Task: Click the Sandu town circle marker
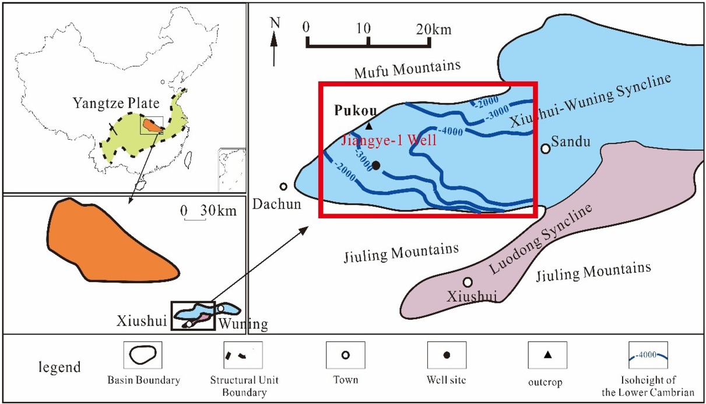point(546,149)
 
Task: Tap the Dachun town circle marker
point(283,187)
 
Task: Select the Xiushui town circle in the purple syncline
point(468,282)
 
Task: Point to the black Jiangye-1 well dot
point(376,166)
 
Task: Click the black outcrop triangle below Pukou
point(368,125)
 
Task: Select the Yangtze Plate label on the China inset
point(116,104)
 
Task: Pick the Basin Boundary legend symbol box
point(143,355)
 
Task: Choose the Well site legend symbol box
point(447,355)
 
